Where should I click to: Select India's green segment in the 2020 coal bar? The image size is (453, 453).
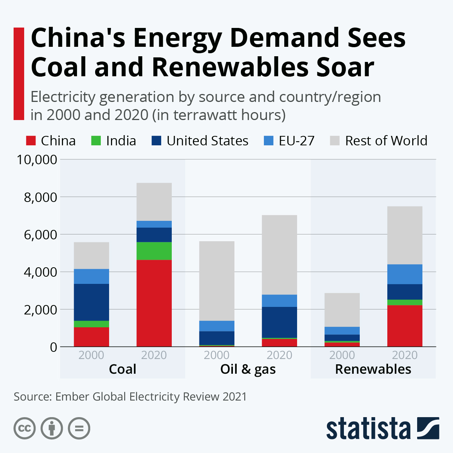(x=154, y=251)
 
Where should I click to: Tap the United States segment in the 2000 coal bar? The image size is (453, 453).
(x=91, y=302)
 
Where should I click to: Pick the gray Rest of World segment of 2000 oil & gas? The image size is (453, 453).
(x=217, y=281)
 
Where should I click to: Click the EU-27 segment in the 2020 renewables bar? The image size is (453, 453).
(x=405, y=274)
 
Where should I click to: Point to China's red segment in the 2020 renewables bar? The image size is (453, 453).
(x=405, y=325)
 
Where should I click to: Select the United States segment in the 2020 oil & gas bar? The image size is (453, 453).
(x=279, y=322)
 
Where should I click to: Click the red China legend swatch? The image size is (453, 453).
(x=31, y=141)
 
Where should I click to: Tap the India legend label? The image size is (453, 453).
(x=121, y=141)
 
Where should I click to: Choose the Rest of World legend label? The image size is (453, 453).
(x=386, y=141)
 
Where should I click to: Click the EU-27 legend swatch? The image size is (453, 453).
(x=268, y=141)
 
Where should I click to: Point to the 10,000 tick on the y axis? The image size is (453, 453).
(x=37, y=160)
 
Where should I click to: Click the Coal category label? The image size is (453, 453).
(x=122, y=369)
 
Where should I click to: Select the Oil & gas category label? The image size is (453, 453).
(x=248, y=369)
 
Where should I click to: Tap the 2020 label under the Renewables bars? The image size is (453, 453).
(x=405, y=355)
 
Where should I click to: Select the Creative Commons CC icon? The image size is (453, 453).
(x=25, y=428)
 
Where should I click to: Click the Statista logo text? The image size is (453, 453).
(x=368, y=428)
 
